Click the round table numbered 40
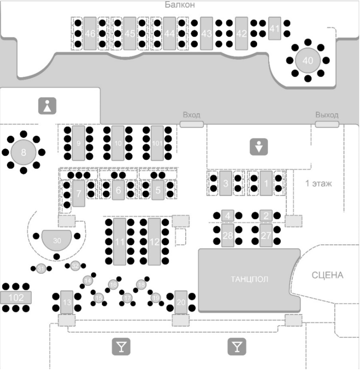308,60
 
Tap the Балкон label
179,5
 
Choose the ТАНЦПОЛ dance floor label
249,280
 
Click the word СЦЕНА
327,275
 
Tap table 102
16,297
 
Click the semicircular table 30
57,242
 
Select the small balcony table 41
275,28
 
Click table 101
157,143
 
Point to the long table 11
119,242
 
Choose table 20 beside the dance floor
181,302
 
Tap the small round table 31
40,268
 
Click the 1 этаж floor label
318,183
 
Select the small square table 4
227,215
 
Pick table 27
265,235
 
